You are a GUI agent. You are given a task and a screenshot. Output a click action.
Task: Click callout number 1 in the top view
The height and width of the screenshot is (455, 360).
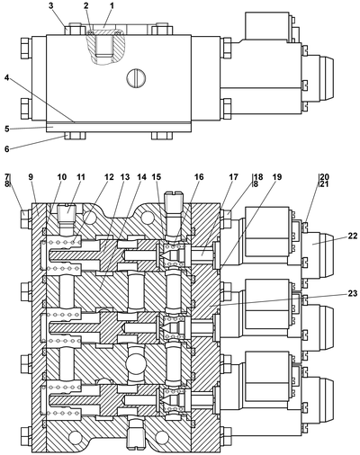(112, 5)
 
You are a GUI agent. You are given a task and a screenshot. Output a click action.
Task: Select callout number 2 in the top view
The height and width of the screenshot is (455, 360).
(86, 5)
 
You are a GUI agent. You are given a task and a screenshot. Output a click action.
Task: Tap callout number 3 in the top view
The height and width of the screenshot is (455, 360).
(51, 5)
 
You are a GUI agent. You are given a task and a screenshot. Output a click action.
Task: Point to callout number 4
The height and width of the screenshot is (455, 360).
(7, 77)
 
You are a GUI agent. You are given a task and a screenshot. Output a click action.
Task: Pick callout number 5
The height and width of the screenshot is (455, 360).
(7, 129)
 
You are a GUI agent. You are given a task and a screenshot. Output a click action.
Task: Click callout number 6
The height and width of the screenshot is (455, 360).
(7, 148)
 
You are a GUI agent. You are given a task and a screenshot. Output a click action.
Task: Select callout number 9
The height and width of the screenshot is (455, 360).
(31, 177)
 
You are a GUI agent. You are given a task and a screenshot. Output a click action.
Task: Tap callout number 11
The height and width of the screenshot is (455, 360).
(80, 177)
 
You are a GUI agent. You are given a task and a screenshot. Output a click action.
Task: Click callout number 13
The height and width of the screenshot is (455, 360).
(125, 177)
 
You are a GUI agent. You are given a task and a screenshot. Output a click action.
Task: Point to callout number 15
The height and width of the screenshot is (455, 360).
(157, 177)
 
